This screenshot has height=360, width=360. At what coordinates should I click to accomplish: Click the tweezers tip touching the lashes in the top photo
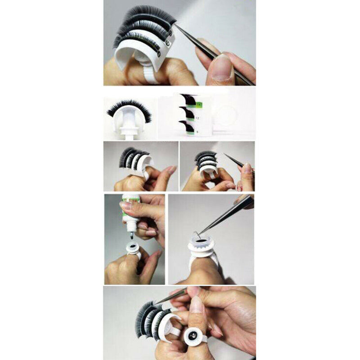pos(176,26)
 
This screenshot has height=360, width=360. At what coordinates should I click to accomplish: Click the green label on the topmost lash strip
pos(198,104)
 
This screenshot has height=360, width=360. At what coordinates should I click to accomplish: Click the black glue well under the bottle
pos(132,247)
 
